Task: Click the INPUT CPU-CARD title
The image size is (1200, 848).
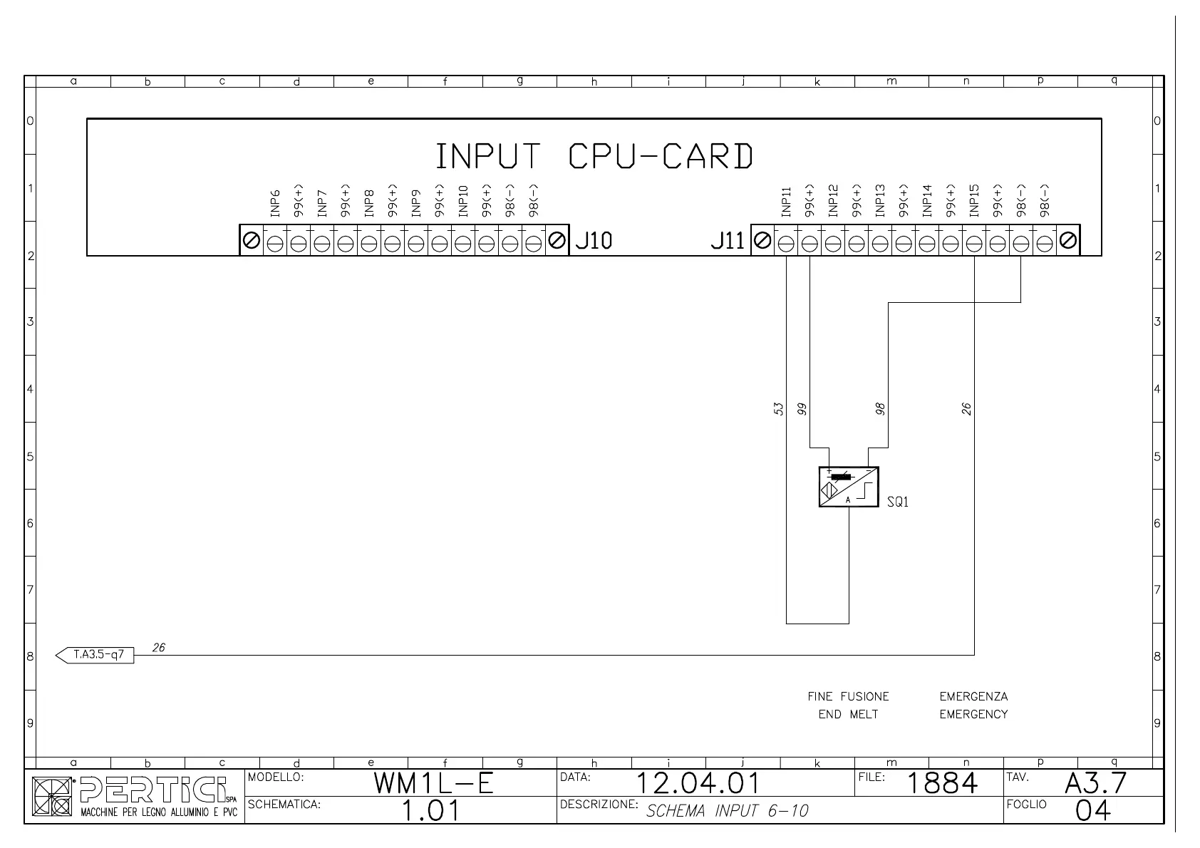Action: pos(594,157)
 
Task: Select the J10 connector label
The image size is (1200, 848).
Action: pos(594,241)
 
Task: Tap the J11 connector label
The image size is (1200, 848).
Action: pos(727,241)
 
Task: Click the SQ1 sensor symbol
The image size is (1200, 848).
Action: pos(848,487)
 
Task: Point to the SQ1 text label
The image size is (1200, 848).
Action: pos(898,502)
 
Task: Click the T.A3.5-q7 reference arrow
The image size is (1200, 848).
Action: pos(95,654)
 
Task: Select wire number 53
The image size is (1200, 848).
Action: pos(779,409)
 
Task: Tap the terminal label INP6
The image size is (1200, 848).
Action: pos(275,202)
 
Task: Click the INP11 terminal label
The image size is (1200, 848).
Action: pos(786,201)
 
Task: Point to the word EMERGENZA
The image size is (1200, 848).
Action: pos(973,696)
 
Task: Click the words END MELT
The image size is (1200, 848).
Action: pos(848,714)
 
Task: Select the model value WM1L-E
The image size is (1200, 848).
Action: pos(433,784)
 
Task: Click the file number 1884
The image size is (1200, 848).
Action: pos(942,784)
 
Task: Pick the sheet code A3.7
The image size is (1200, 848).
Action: pos(1095,783)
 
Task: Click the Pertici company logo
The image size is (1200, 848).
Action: pos(135,797)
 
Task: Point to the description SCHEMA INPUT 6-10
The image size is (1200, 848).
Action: pos(727,810)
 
